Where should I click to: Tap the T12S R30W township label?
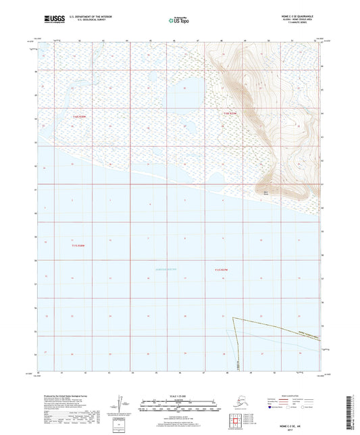point(80,116)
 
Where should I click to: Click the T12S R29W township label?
point(230,113)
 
